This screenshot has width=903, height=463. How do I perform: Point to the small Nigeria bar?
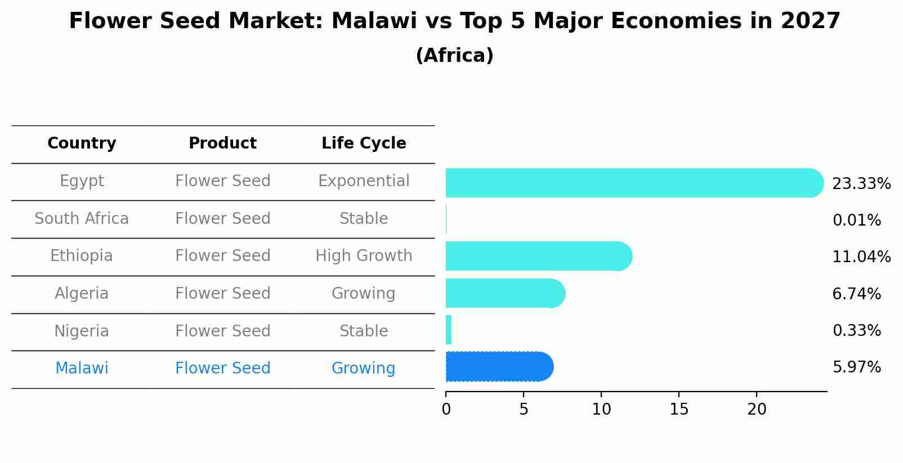click(449, 330)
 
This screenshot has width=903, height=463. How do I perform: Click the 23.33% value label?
click(861, 184)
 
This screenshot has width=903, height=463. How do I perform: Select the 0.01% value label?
click(856, 221)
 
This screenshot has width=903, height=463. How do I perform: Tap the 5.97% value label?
click(856, 367)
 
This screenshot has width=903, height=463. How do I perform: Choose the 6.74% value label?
click(856, 294)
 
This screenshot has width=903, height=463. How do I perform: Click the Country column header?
click(82, 143)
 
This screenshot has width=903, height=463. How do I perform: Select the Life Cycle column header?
click(364, 143)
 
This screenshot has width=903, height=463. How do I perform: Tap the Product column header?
click(222, 143)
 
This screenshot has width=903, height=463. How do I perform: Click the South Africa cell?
click(82, 218)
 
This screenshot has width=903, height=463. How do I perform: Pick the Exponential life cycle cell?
click(364, 181)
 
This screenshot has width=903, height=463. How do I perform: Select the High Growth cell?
click(364, 256)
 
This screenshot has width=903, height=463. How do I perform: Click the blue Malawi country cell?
click(82, 368)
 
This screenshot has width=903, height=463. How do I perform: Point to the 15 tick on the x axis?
click(679, 410)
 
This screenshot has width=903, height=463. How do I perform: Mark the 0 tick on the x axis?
click(446, 410)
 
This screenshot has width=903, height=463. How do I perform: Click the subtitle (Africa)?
click(454, 56)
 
